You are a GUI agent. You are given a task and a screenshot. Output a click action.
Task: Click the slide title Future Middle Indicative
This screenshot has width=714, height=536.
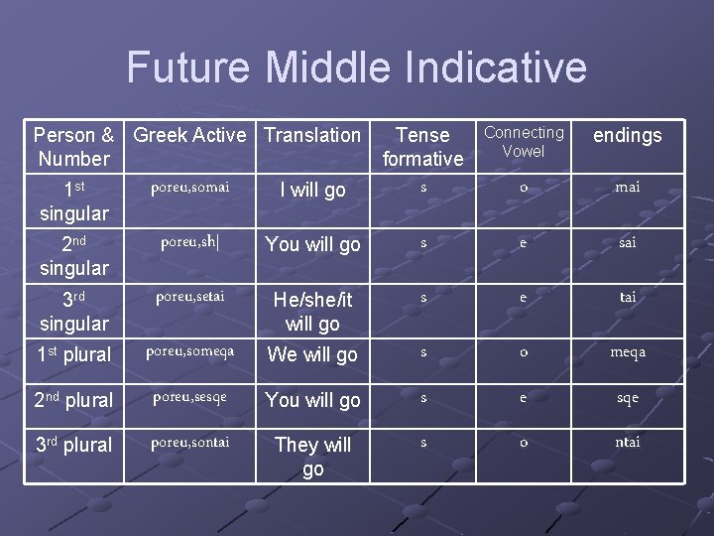coord(356,67)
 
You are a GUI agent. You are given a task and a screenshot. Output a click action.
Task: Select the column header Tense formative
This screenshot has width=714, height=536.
coord(422,147)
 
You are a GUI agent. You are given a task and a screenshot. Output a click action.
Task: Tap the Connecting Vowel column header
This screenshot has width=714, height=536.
coord(524,142)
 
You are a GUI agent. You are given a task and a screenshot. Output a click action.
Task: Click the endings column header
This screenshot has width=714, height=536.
coord(627,135)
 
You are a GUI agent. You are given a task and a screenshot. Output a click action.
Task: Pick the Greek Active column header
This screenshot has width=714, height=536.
coord(189,135)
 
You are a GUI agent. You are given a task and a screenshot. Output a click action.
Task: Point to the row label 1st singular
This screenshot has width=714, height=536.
coord(73,201)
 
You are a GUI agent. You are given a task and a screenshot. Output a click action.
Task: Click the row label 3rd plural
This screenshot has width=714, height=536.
coord(73,445)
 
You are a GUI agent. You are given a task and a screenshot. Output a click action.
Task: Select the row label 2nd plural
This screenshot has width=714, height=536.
coord(73,400)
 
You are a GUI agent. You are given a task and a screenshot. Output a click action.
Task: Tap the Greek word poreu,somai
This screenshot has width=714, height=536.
coord(189,187)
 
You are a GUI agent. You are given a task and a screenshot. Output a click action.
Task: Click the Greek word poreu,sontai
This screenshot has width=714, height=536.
coord(189,443)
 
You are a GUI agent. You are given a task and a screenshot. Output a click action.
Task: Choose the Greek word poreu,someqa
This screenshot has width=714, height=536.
coord(189,351)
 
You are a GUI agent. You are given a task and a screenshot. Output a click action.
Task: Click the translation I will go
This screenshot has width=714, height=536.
coord(312,190)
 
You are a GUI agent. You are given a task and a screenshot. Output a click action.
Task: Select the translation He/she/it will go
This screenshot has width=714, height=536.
coord(312,311)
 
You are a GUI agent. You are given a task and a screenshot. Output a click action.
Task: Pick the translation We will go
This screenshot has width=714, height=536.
coord(312,354)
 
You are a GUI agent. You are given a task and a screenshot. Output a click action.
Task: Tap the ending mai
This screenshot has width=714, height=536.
coord(627,187)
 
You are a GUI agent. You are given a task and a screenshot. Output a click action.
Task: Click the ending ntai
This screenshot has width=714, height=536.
coord(627,443)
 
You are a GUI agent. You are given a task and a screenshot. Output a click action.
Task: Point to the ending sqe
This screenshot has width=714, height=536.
coord(627,398)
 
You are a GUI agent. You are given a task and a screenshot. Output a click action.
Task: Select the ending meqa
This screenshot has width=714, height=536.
coord(627,352)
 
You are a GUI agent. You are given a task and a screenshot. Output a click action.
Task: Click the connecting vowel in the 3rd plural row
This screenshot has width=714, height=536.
coord(524,443)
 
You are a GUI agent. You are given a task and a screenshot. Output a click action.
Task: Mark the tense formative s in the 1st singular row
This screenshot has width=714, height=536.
coord(423,187)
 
